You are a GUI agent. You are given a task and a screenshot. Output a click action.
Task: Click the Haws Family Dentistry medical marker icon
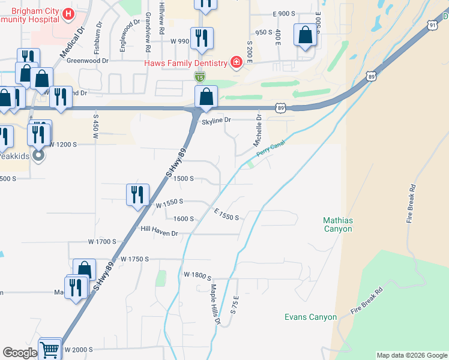[237, 63]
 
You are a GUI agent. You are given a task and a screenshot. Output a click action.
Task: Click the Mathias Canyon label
[338, 224]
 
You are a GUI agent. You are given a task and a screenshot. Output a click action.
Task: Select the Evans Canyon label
[310, 317]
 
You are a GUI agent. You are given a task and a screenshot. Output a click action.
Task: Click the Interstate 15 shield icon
[200, 76]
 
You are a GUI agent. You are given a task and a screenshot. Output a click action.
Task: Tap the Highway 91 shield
[432, 25]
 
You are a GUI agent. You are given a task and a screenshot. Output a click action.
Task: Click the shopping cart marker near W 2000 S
[50, 349]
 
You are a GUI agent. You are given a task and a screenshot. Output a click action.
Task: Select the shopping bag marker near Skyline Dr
[206, 97]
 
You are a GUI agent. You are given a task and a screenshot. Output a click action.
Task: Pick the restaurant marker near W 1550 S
[137, 195]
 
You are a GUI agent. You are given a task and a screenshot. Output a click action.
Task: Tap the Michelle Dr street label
[258, 131]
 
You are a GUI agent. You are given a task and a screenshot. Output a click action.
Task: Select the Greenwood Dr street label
[88, 61]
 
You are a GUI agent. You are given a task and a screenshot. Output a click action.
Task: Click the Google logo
[20, 353]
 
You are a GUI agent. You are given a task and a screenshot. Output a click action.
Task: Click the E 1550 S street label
[226, 213]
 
